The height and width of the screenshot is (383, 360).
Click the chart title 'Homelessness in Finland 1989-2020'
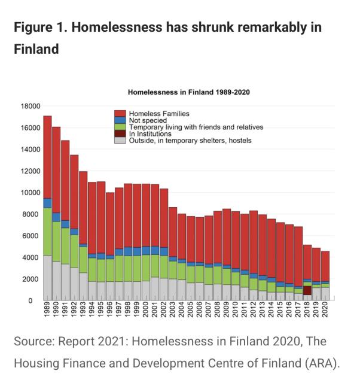(188, 93)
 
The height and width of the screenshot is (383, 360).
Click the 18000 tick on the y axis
(31, 106)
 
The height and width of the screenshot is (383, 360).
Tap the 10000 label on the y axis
(31, 193)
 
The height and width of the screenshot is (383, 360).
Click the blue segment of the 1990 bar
(56, 217)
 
